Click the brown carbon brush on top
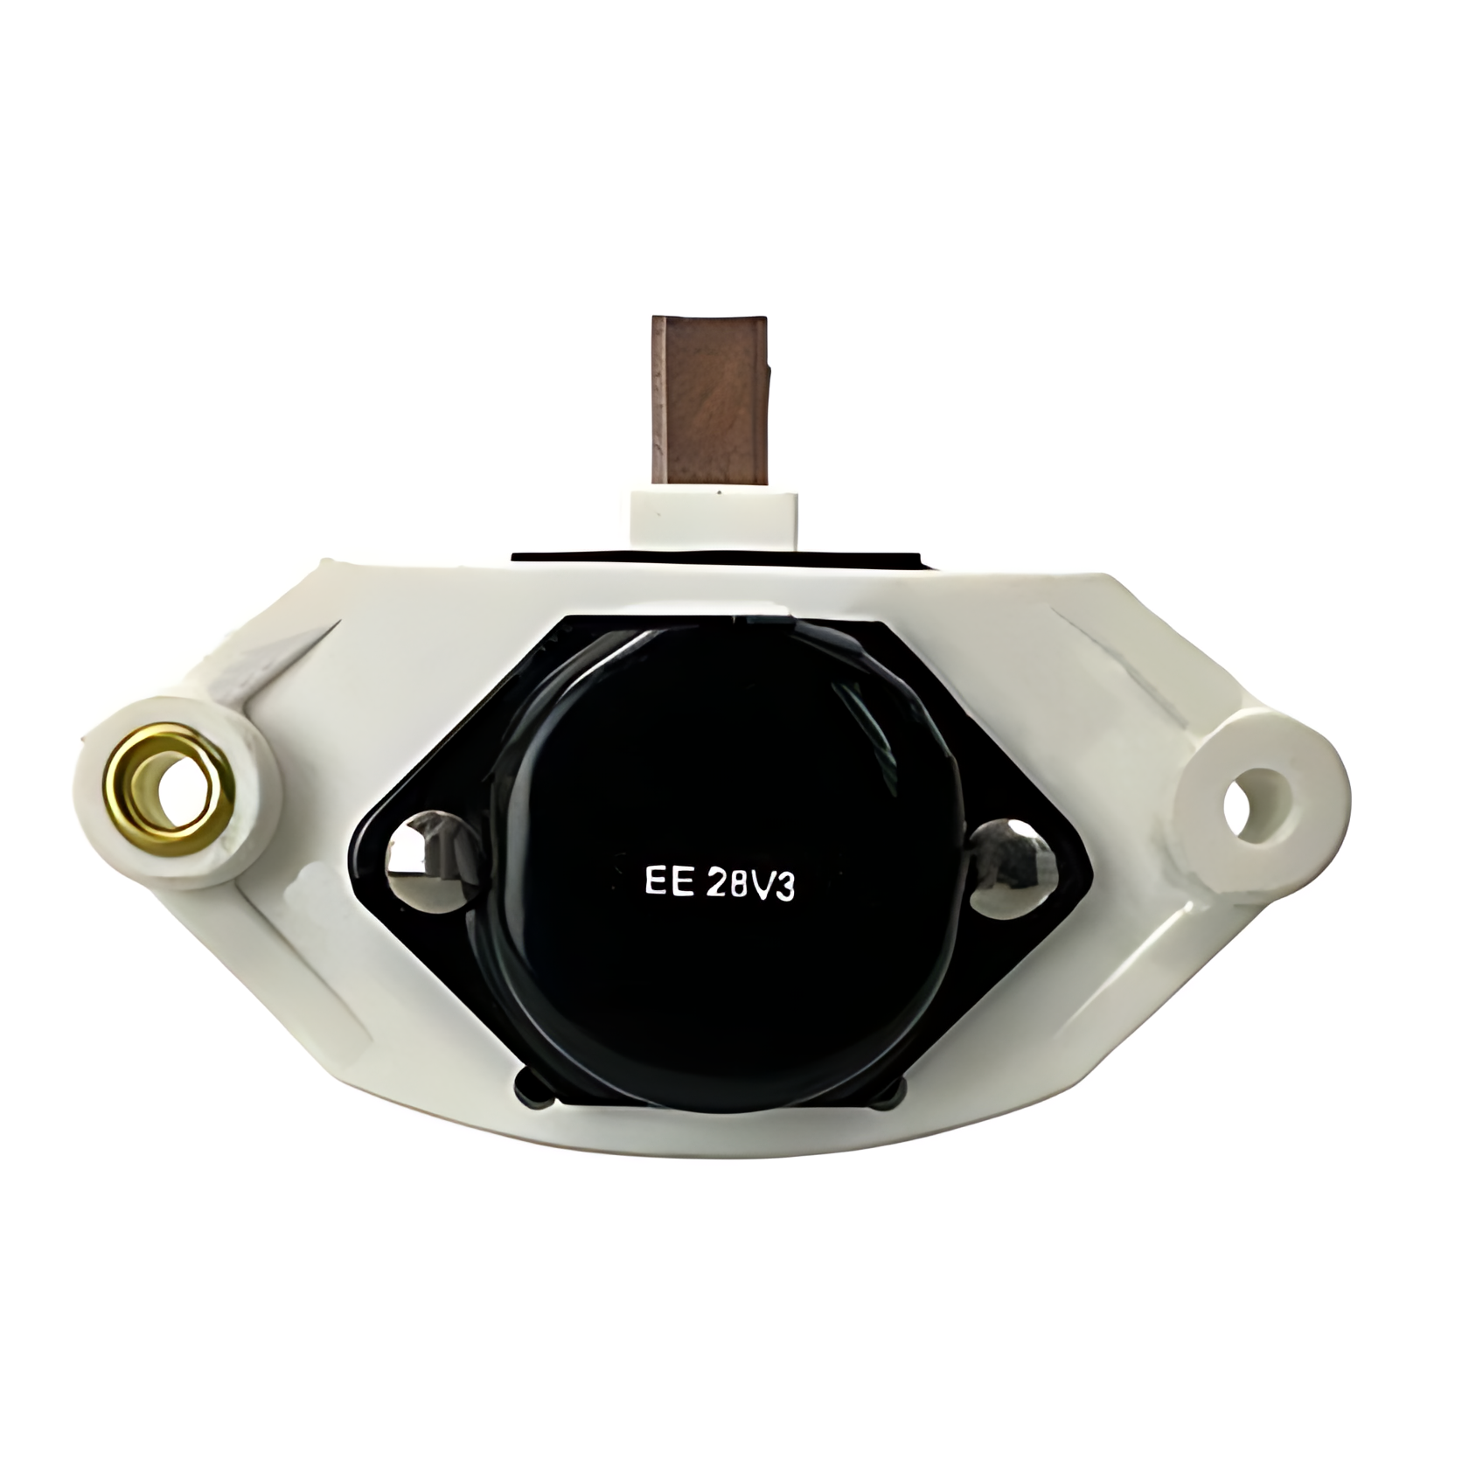pyautogui.click(x=709, y=403)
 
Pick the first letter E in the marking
pyautogui.click(x=656, y=881)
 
